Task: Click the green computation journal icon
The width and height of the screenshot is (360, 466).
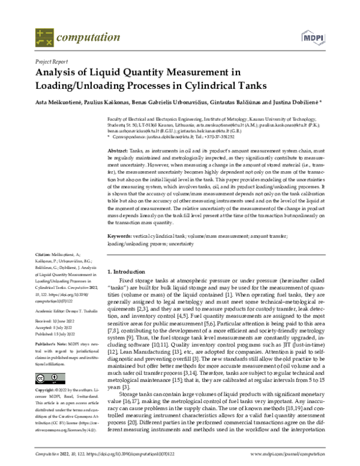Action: click(44, 38)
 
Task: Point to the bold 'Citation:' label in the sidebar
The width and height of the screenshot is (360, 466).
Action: click(43, 271)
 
